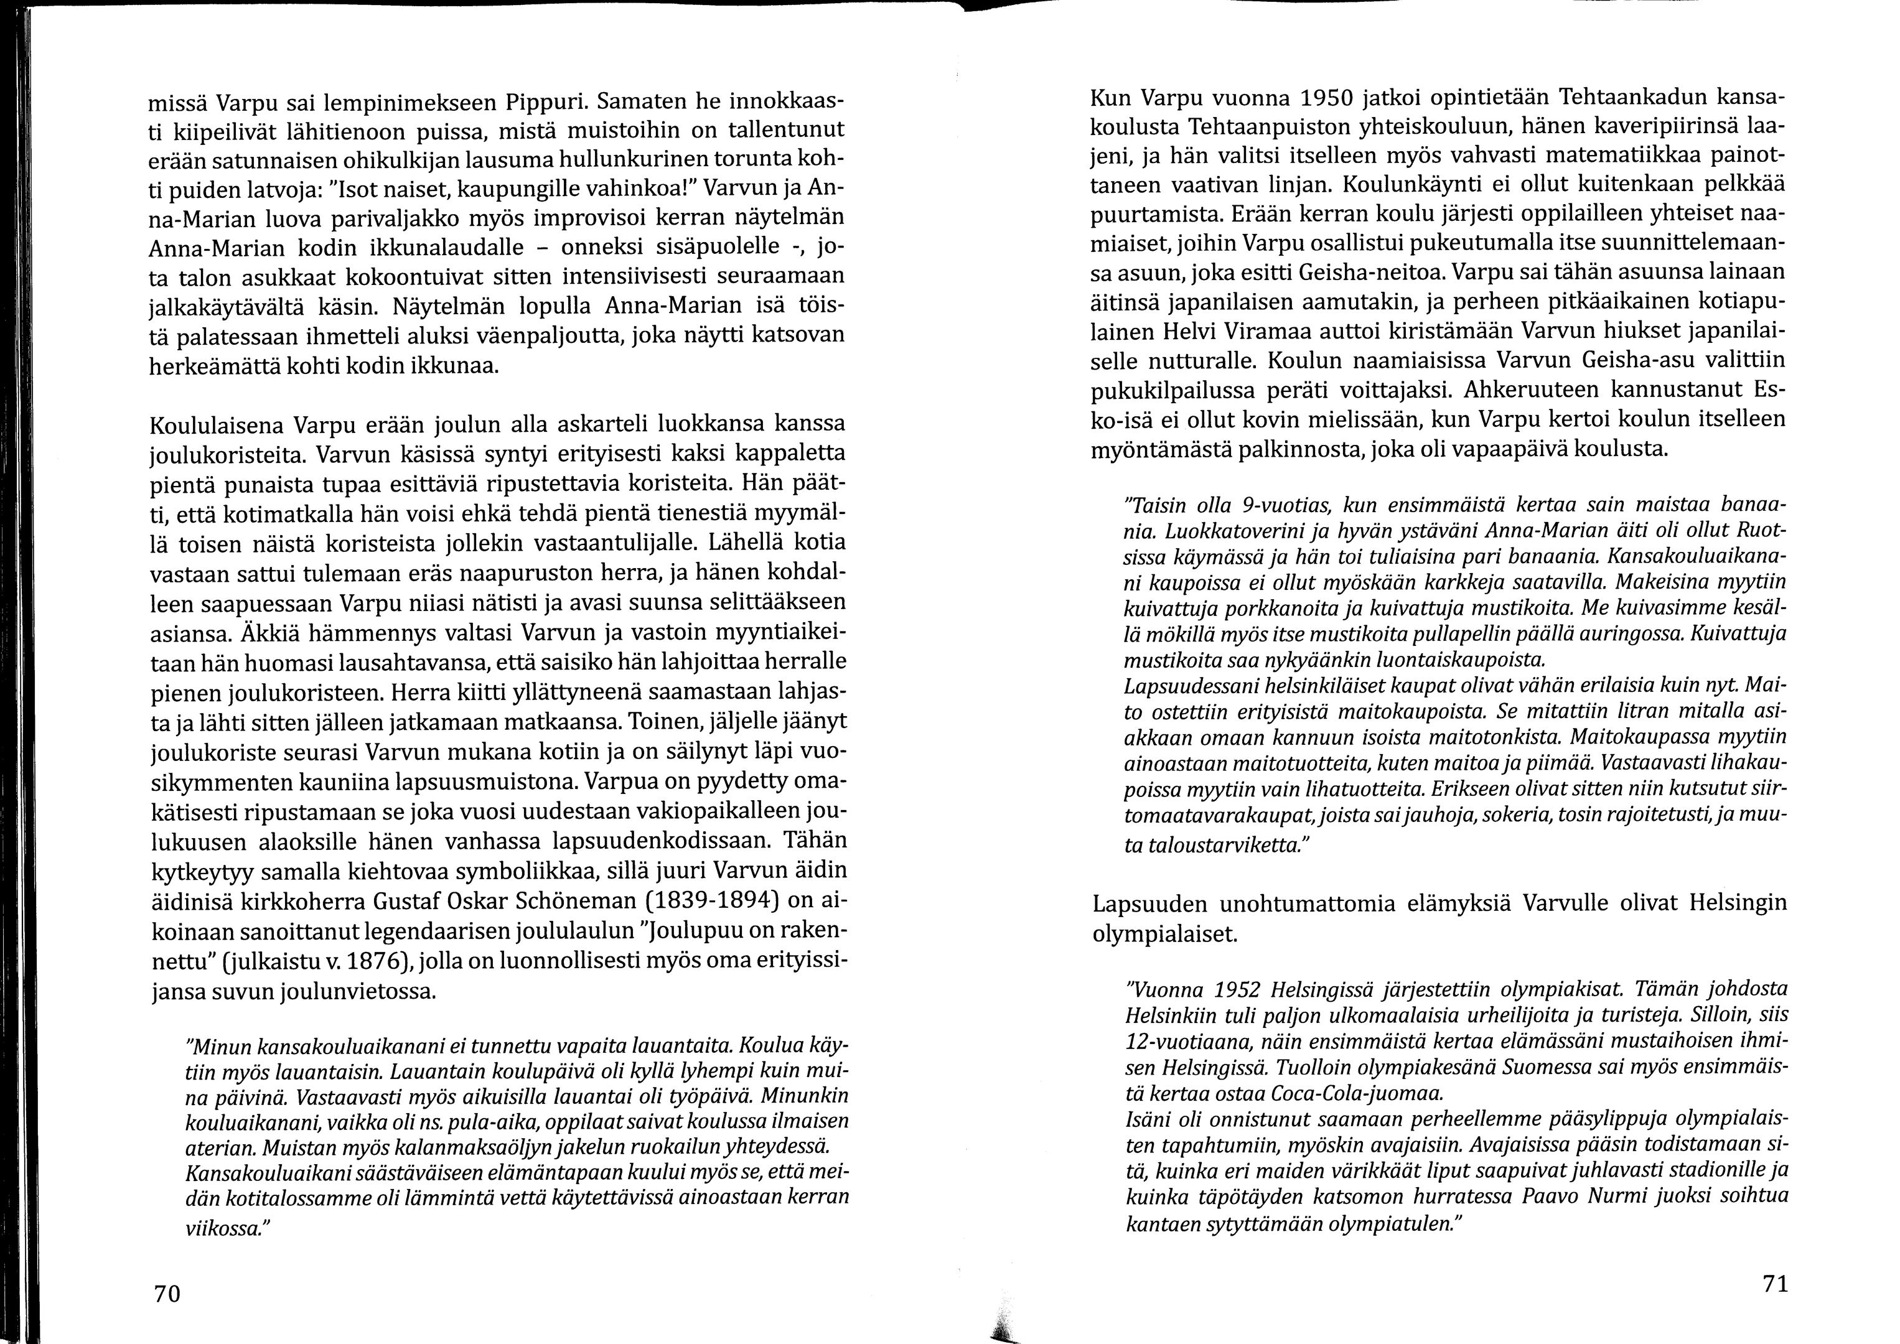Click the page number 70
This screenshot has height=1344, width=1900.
pyautogui.click(x=167, y=1294)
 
